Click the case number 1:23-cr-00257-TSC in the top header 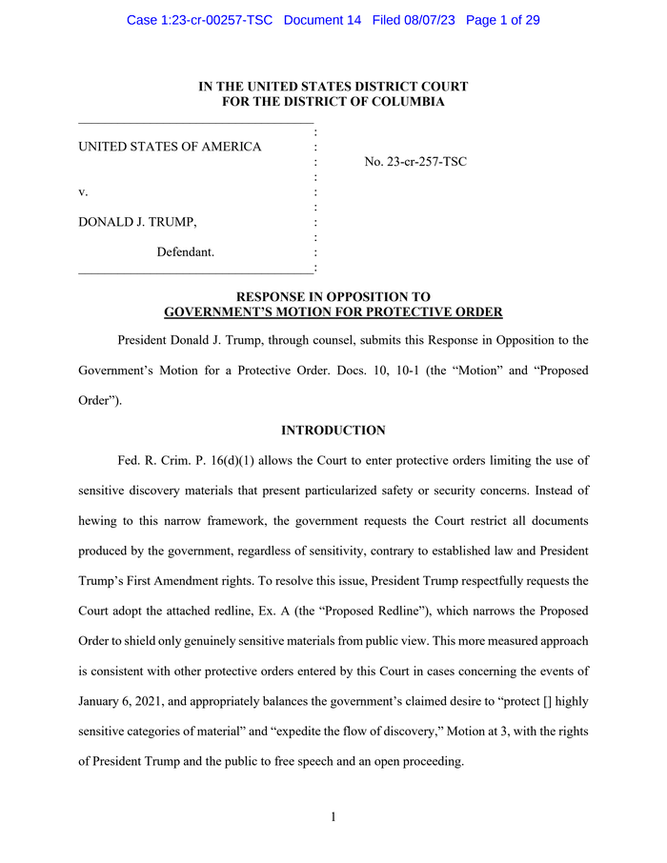click(x=201, y=20)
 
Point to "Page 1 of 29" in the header click(x=502, y=20)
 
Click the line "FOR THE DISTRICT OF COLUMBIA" click(x=333, y=102)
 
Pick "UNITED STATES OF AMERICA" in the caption click(x=170, y=147)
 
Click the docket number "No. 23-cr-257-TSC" click(x=415, y=162)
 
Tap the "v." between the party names click(x=83, y=192)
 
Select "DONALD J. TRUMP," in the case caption click(x=138, y=222)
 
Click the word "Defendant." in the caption click(x=186, y=252)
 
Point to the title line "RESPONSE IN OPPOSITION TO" click(x=333, y=297)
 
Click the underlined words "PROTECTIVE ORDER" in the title click(x=439, y=312)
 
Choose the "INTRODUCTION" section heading click(x=333, y=431)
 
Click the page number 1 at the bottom click(x=333, y=817)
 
